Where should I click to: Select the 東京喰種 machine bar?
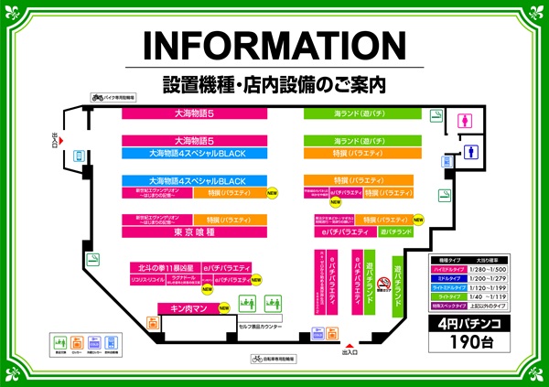(194, 233)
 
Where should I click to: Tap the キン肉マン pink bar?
(187, 308)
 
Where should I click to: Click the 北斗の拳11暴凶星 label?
(164, 267)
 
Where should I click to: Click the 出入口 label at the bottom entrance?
(350, 351)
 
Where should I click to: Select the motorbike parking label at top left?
(113, 96)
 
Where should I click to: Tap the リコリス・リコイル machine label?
(146, 277)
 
